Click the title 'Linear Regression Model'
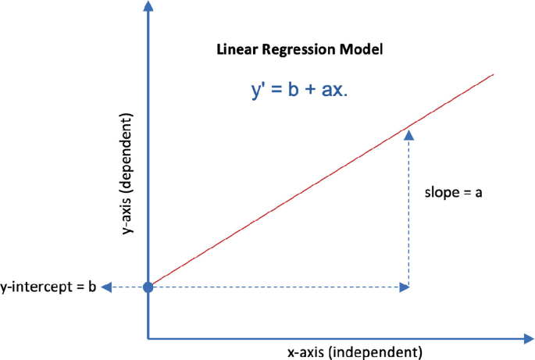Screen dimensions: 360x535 300,50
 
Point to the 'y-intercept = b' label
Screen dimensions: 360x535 48,287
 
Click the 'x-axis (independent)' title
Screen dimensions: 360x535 355,351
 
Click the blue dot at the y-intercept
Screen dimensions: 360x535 148,287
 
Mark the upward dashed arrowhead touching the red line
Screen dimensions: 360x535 408,135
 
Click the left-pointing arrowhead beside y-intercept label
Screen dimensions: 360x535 107,287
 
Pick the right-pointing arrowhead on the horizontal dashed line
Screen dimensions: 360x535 404,287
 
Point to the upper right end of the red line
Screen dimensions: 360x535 493,75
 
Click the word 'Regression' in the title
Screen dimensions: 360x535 298,50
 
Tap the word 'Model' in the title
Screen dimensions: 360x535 364,50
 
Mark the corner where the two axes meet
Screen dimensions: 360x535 148,339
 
